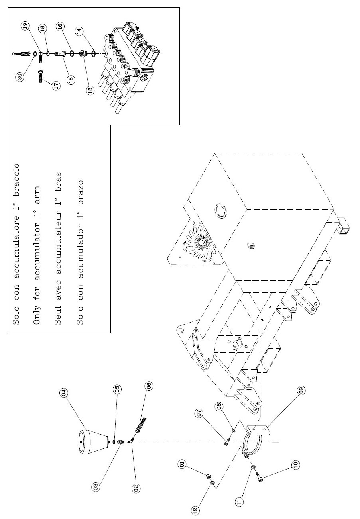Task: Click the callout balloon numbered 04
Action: (63, 392)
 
